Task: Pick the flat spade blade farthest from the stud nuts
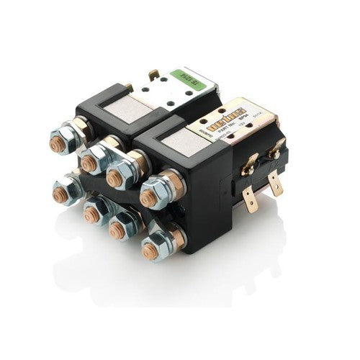pos(276,184)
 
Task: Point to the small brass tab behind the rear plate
pos(153,74)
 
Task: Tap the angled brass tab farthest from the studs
pos(276,148)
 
